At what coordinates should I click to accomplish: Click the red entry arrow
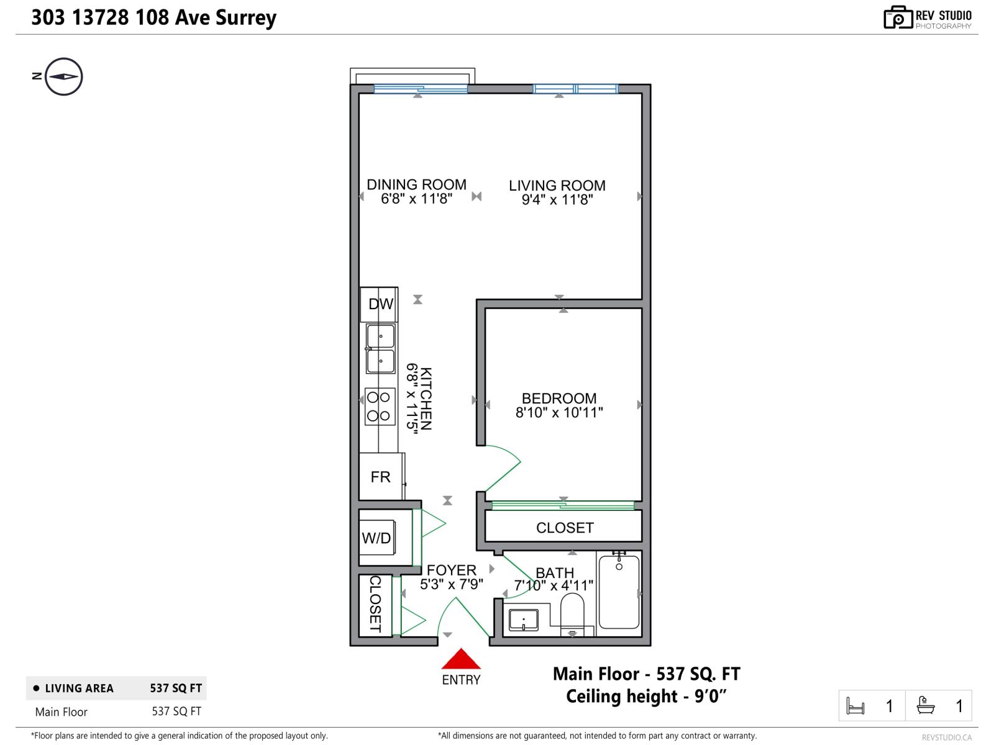click(x=460, y=659)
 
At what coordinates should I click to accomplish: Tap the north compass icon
click(x=64, y=76)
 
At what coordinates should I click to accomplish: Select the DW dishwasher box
click(x=380, y=304)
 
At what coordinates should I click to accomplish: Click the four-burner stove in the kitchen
click(x=379, y=407)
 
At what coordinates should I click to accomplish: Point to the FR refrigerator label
click(x=380, y=477)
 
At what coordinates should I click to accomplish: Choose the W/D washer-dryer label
click(x=376, y=538)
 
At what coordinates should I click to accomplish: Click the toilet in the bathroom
click(x=572, y=613)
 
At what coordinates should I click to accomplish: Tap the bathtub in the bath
click(x=619, y=592)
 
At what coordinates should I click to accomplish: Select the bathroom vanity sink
click(x=524, y=619)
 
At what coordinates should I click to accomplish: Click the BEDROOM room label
click(x=559, y=398)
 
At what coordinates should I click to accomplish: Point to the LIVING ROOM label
click(x=557, y=186)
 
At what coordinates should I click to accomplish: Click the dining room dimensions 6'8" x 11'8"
click(x=416, y=199)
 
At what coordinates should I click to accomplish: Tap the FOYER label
click(x=452, y=570)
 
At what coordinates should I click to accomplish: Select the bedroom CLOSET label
click(x=565, y=528)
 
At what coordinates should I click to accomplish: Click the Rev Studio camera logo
click(x=898, y=17)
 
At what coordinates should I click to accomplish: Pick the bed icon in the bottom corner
click(x=855, y=707)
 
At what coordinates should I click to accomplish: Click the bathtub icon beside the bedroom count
click(x=926, y=706)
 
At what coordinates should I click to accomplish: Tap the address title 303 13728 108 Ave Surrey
click(x=154, y=17)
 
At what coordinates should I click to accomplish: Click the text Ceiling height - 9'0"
click(x=646, y=697)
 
